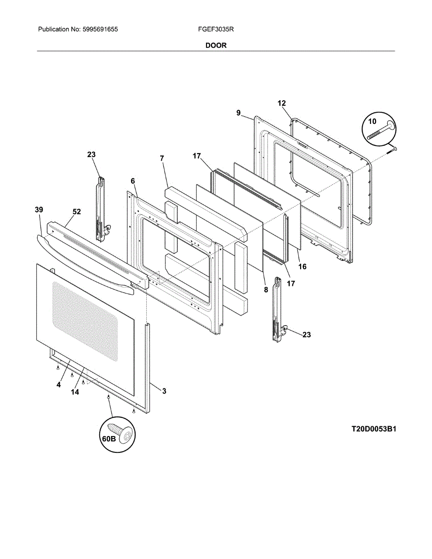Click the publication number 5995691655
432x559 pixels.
point(100,29)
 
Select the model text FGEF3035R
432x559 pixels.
point(216,29)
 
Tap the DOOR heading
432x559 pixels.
point(216,46)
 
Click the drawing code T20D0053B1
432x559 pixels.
point(374,429)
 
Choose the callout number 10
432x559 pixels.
point(371,121)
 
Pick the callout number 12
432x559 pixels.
point(282,103)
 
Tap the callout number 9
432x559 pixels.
point(238,113)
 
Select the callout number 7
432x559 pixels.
point(162,158)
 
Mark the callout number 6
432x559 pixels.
point(133,181)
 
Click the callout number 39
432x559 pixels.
point(39,210)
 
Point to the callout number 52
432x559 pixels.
point(76,211)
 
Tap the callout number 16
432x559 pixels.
point(302,267)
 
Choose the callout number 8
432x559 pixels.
point(265,289)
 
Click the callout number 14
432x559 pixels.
point(75,392)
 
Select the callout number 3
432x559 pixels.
point(164,391)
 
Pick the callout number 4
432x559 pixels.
point(59,385)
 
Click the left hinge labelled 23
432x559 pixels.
point(100,210)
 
